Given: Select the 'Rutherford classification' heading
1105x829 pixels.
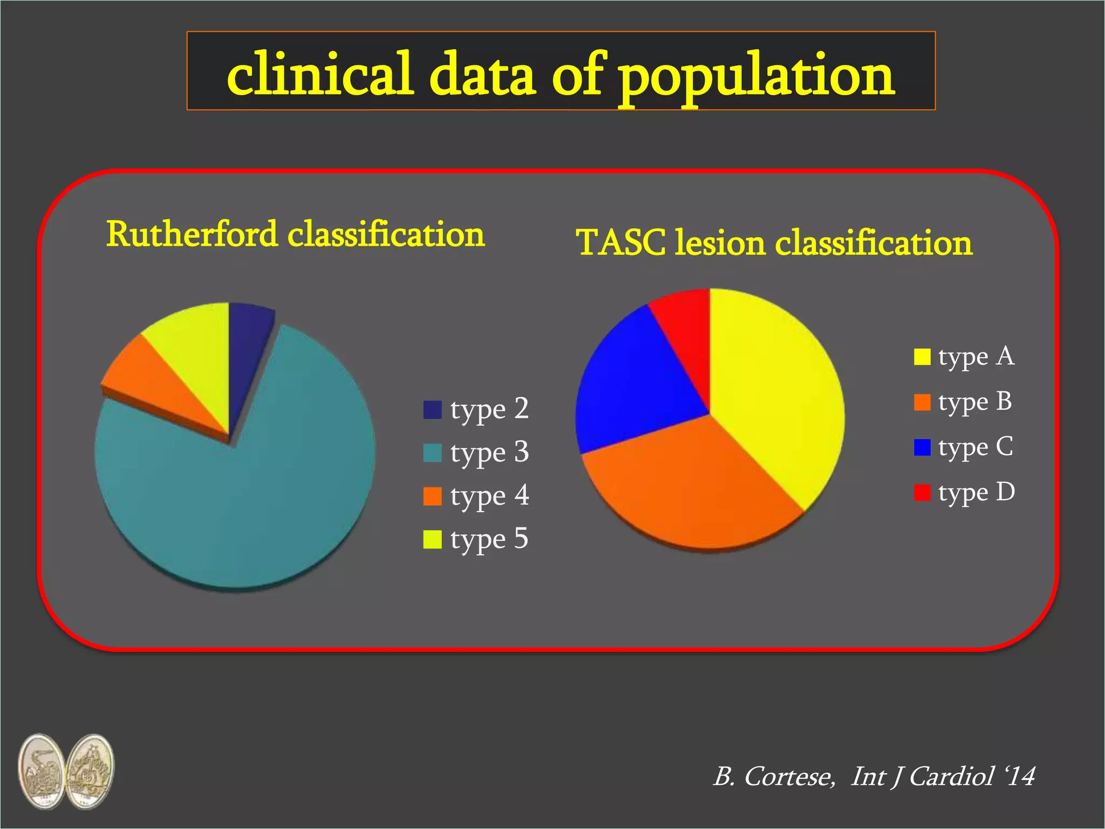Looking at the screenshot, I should pyautogui.click(x=295, y=235).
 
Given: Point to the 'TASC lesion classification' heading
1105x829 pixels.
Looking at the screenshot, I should pyautogui.click(x=774, y=242).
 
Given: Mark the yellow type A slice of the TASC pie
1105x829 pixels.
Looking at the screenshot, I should pyautogui.click(x=777, y=389).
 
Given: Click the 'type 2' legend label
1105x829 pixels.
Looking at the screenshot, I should pyautogui.click(x=489, y=409).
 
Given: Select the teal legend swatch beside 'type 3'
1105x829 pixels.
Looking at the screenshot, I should pyautogui.click(x=432, y=453).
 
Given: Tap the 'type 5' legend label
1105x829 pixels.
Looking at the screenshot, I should pyautogui.click(x=489, y=539).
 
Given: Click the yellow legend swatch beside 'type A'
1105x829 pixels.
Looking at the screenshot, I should pyautogui.click(x=922, y=357).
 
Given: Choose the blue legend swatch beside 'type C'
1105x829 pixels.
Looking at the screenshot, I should pyautogui.click(x=922, y=447).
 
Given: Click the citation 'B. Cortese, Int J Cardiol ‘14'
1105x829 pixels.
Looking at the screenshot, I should pyautogui.click(x=874, y=777).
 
